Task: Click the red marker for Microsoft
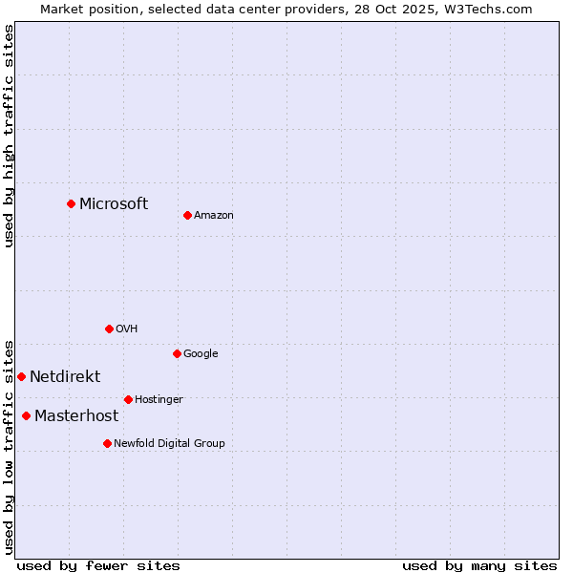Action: pos(71,203)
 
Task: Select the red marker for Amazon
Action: pos(187,215)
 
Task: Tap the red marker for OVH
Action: pos(109,329)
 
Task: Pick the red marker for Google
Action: pos(177,353)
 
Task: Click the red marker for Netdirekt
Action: pos(21,376)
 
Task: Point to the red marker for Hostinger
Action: pos(128,399)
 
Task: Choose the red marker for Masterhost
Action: pos(26,415)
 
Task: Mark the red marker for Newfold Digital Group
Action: pos(107,443)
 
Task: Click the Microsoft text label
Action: pos(114,203)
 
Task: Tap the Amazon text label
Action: pos(214,216)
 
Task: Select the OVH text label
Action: pos(127,329)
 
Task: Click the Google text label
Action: pos(201,354)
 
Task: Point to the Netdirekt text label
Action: pos(65,377)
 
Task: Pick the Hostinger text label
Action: pos(159,400)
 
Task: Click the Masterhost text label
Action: pos(76,416)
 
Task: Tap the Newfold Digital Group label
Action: pos(169,444)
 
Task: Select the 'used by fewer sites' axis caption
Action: pos(98,565)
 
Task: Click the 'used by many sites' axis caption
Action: pos(479,565)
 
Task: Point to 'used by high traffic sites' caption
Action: pos(9,136)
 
